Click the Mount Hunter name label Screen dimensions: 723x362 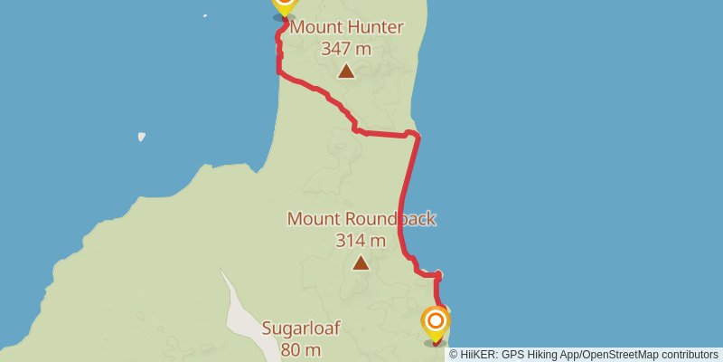(x=346, y=28)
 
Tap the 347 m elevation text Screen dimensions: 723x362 (x=346, y=48)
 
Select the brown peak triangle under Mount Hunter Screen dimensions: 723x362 (x=346, y=71)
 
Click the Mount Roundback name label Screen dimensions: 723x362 (x=361, y=219)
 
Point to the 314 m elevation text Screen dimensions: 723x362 (x=361, y=240)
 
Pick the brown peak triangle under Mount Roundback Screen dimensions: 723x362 (x=361, y=263)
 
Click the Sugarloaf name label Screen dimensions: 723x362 (x=301, y=329)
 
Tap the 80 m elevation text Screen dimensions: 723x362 (x=301, y=349)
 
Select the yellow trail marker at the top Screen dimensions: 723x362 (x=284, y=5)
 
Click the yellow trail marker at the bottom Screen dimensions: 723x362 (x=436, y=322)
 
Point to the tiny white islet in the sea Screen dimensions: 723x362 (x=142, y=138)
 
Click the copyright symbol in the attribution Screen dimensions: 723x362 (x=454, y=354)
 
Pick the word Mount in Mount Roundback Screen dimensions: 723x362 (x=312, y=219)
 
